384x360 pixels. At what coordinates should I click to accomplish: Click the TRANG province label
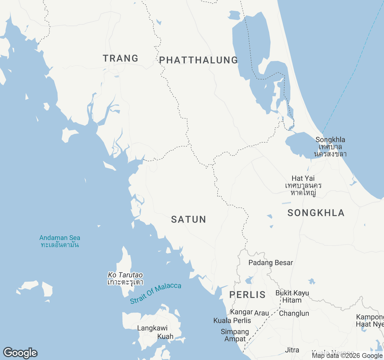(120, 58)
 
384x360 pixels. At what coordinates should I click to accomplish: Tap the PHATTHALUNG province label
(198, 60)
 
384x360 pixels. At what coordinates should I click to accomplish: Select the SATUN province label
(188, 219)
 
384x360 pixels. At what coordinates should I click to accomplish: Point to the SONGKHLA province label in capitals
(316, 213)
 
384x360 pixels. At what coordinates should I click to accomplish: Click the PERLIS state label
(247, 295)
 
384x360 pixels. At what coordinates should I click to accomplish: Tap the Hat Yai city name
(303, 178)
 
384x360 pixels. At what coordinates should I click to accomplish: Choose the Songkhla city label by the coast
(330, 140)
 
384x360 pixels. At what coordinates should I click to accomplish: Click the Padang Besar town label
(271, 263)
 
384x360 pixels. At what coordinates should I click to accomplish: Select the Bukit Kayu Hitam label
(292, 296)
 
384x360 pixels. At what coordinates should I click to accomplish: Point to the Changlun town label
(294, 313)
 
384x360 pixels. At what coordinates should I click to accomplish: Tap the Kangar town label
(241, 312)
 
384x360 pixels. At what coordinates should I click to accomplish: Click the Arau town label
(262, 313)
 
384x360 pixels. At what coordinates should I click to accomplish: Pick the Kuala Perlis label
(232, 321)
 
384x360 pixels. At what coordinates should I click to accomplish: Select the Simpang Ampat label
(235, 335)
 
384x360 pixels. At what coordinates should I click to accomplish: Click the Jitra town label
(292, 350)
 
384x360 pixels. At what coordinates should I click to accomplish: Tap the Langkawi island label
(152, 328)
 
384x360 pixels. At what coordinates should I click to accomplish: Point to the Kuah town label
(165, 337)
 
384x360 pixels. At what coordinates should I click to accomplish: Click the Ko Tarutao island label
(125, 275)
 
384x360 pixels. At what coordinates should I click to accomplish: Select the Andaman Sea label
(60, 238)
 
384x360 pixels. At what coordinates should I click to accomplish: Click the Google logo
(20, 353)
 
